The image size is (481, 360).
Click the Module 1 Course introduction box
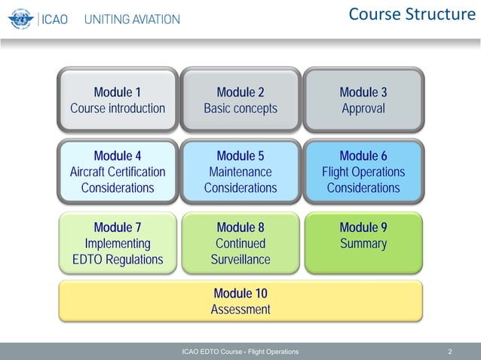pyautogui.click(x=118, y=100)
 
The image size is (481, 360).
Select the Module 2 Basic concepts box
pyautogui.click(x=240, y=100)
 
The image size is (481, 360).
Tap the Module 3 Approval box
pyautogui.click(x=363, y=100)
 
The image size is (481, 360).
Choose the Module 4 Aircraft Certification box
pyautogui.click(x=118, y=172)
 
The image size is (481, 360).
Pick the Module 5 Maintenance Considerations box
pyautogui.click(x=240, y=172)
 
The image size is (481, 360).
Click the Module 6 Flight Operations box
pyautogui.click(x=363, y=172)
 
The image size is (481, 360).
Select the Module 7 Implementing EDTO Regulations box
pyautogui.click(x=118, y=243)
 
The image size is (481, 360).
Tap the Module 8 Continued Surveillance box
pyautogui.click(x=240, y=243)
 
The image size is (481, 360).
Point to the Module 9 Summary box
pyautogui.click(x=363, y=243)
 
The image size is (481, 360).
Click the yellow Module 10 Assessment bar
pyautogui.click(x=240, y=301)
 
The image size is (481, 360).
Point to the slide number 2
pyautogui.click(x=450, y=352)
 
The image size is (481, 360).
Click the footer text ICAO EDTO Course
pyautogui.click(x=240, y=352)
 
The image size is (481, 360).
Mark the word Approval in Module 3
pyautogui.click(x=363, y=108)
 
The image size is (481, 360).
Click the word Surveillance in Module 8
pyautogui.click(x=240, y=260)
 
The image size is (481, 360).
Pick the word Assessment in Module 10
pyautogui.click(x=240, y=310)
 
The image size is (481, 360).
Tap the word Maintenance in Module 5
pyautogui.click(x=240, y=172)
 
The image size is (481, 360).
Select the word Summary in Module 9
pyautogui.click(x=363, y=244)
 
